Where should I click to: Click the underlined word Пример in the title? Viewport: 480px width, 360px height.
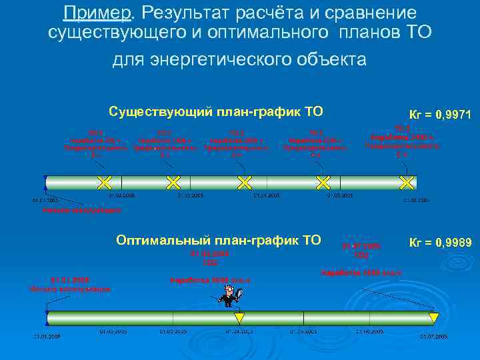93,13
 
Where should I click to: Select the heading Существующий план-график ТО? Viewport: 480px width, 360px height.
220,111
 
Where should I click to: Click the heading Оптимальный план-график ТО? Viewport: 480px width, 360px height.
218,239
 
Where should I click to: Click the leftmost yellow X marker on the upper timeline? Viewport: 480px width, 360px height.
103,181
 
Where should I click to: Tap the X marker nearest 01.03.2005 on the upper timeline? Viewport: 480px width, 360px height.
173,181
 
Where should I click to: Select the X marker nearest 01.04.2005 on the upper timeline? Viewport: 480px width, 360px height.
245,181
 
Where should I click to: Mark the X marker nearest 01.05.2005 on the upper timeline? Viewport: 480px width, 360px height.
323,181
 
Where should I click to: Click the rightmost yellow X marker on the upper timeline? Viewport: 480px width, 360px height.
405,181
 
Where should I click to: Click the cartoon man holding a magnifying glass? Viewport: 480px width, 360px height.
231,293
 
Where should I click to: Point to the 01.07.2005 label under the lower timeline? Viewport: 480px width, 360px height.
433,337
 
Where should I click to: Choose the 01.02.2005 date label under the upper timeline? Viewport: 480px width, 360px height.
123,196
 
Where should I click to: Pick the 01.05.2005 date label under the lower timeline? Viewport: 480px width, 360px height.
304,331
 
